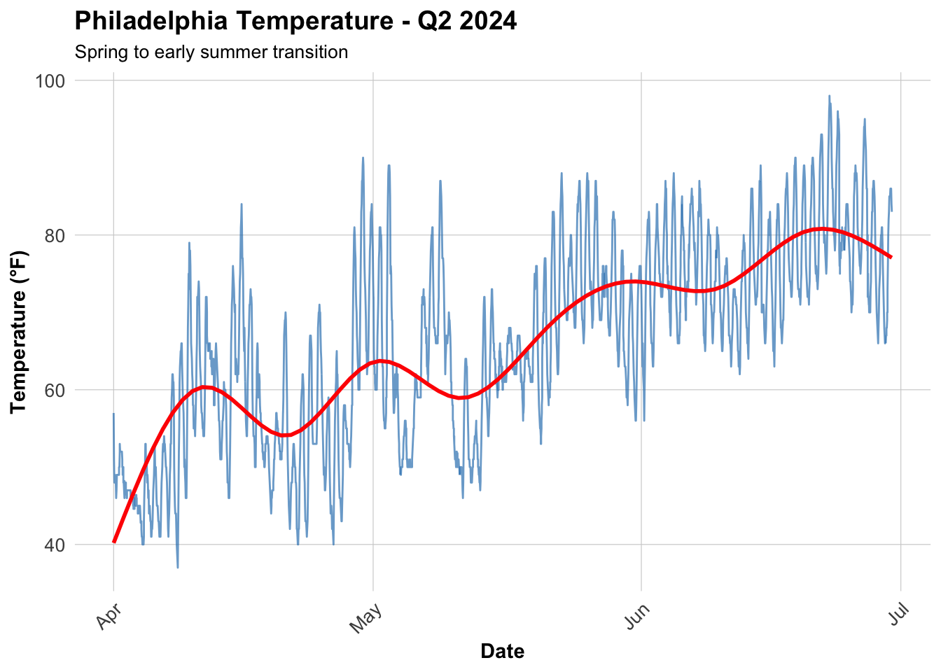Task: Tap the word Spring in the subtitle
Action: coord(97,52)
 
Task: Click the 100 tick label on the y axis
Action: coord(50,80)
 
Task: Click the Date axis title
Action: coord(502,652)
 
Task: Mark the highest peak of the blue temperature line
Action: coord(829,96)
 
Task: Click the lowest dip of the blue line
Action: coord(178,567)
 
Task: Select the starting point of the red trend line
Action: coord(114,541)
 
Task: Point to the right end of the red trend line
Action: coord(891,257)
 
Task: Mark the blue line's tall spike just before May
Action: coord(363,157)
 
